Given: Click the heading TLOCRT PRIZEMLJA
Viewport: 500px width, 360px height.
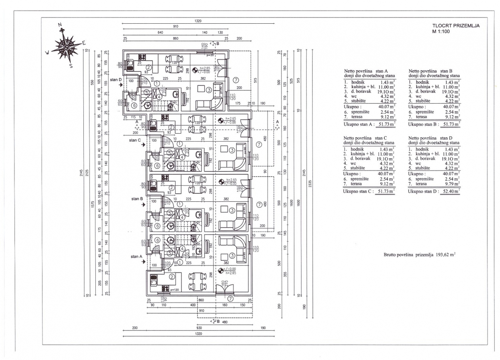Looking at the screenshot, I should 456,25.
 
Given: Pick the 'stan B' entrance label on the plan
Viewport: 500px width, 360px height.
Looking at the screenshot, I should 137,199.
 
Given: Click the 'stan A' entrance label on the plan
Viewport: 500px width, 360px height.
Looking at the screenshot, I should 137,257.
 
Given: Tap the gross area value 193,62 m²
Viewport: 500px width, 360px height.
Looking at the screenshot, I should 445,254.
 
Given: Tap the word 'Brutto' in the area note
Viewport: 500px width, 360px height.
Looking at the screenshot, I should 392,255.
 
